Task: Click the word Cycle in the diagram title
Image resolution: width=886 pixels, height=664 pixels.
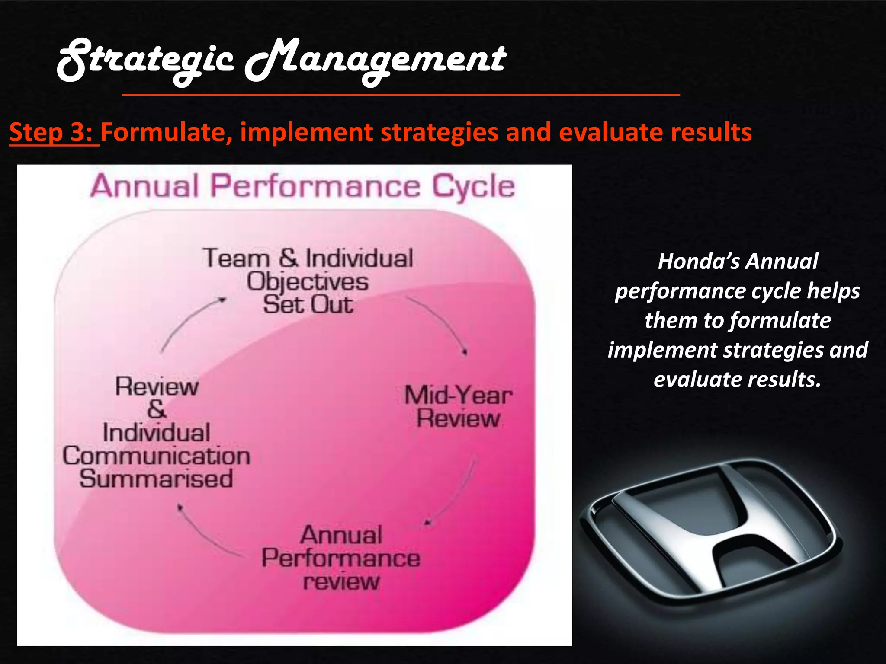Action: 474,187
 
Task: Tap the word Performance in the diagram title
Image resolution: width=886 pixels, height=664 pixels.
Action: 315,187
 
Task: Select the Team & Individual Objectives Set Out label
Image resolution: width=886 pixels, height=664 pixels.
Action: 308,281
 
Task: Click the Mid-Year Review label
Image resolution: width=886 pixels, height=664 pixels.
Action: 458,407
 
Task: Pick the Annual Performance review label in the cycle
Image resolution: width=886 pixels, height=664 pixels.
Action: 341,558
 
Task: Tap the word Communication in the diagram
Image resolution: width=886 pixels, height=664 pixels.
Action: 156,456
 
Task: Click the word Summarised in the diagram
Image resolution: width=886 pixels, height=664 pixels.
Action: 156,479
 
